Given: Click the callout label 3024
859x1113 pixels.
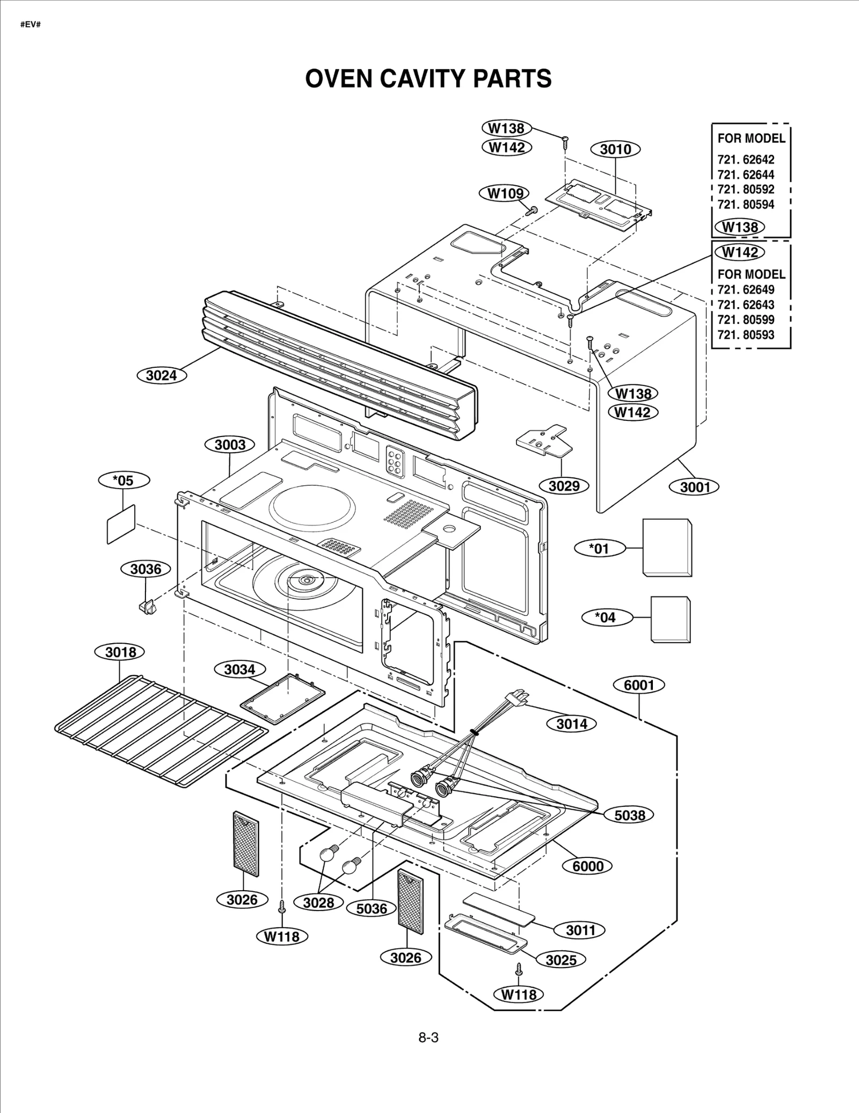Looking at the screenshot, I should (x=162, y=375).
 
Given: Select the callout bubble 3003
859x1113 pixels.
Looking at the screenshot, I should (x=230, y=445).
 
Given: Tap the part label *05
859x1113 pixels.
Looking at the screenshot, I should (x=123, y=480).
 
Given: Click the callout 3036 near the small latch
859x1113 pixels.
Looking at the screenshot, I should (x=146, y=569).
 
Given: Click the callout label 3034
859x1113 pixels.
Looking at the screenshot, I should (x=239, y=669).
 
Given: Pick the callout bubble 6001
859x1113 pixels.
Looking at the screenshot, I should (x=639, y=685).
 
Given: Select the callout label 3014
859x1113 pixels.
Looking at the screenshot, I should (x=572, y=723).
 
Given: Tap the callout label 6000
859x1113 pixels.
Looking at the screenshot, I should (x=588, y=865).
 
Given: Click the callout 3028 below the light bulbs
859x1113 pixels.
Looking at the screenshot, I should (x=318, y=903).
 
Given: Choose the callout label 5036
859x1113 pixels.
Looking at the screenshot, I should (x=372, y=908).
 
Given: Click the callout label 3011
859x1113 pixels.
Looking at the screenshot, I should (x=581, y=929).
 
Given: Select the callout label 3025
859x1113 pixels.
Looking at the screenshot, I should (x=560, y=959).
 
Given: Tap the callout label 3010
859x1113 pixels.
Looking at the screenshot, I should (x=615, y=149).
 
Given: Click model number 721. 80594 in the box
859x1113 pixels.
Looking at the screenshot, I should (x=746, y=204).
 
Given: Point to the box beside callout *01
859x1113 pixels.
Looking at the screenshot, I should (x=667, y=548).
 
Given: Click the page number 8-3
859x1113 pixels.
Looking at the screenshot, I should (x=428, y=1037).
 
